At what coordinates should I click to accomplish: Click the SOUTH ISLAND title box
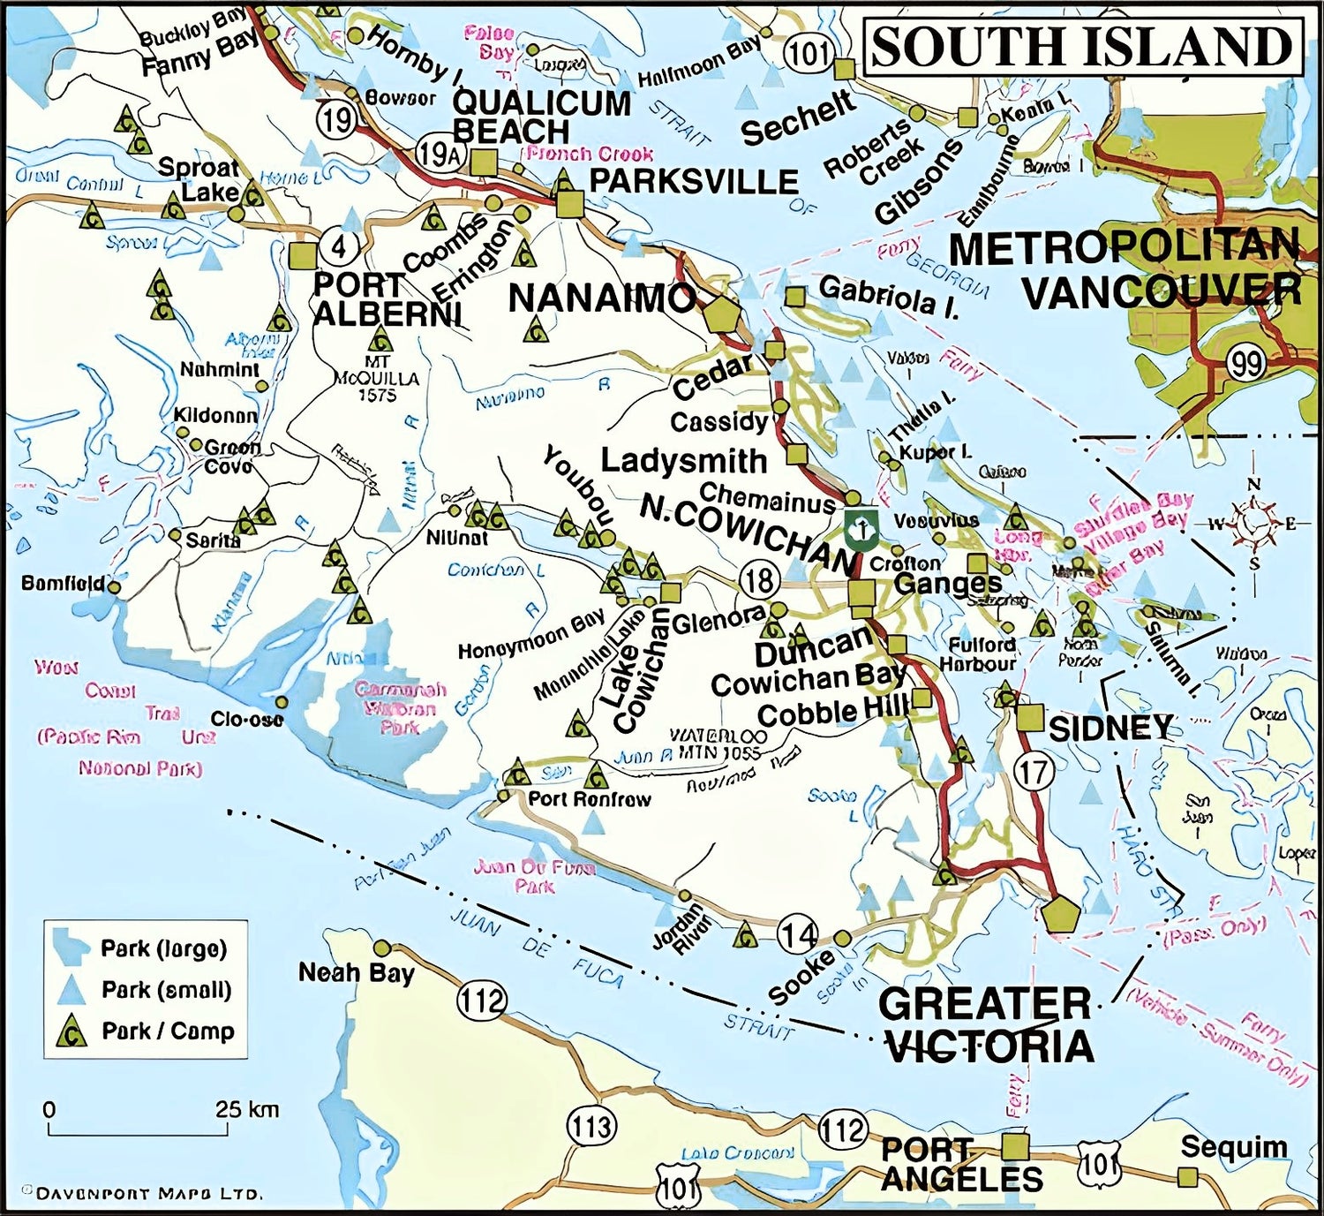click(1081, 48)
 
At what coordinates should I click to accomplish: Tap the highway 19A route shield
click(439, 155)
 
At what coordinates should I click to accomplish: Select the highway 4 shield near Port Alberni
click(338, 245)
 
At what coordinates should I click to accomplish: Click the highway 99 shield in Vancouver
click(1246, 362)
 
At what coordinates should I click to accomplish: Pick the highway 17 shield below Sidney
click(1034, 772)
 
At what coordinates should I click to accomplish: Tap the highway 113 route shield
click(591, 1126)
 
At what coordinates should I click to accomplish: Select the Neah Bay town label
click(356, 973)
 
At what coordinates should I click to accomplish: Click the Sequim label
click(1233, 1147)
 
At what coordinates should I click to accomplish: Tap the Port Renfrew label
click(589, 799)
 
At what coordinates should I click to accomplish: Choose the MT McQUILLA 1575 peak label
click(377, 379)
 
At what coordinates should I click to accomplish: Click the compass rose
click(1253, 524)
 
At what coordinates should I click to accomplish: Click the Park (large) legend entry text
click(164, 949)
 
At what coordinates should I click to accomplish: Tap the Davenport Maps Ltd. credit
click(142, 1194)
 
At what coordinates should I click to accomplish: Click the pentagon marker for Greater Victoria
click(1060, 914)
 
